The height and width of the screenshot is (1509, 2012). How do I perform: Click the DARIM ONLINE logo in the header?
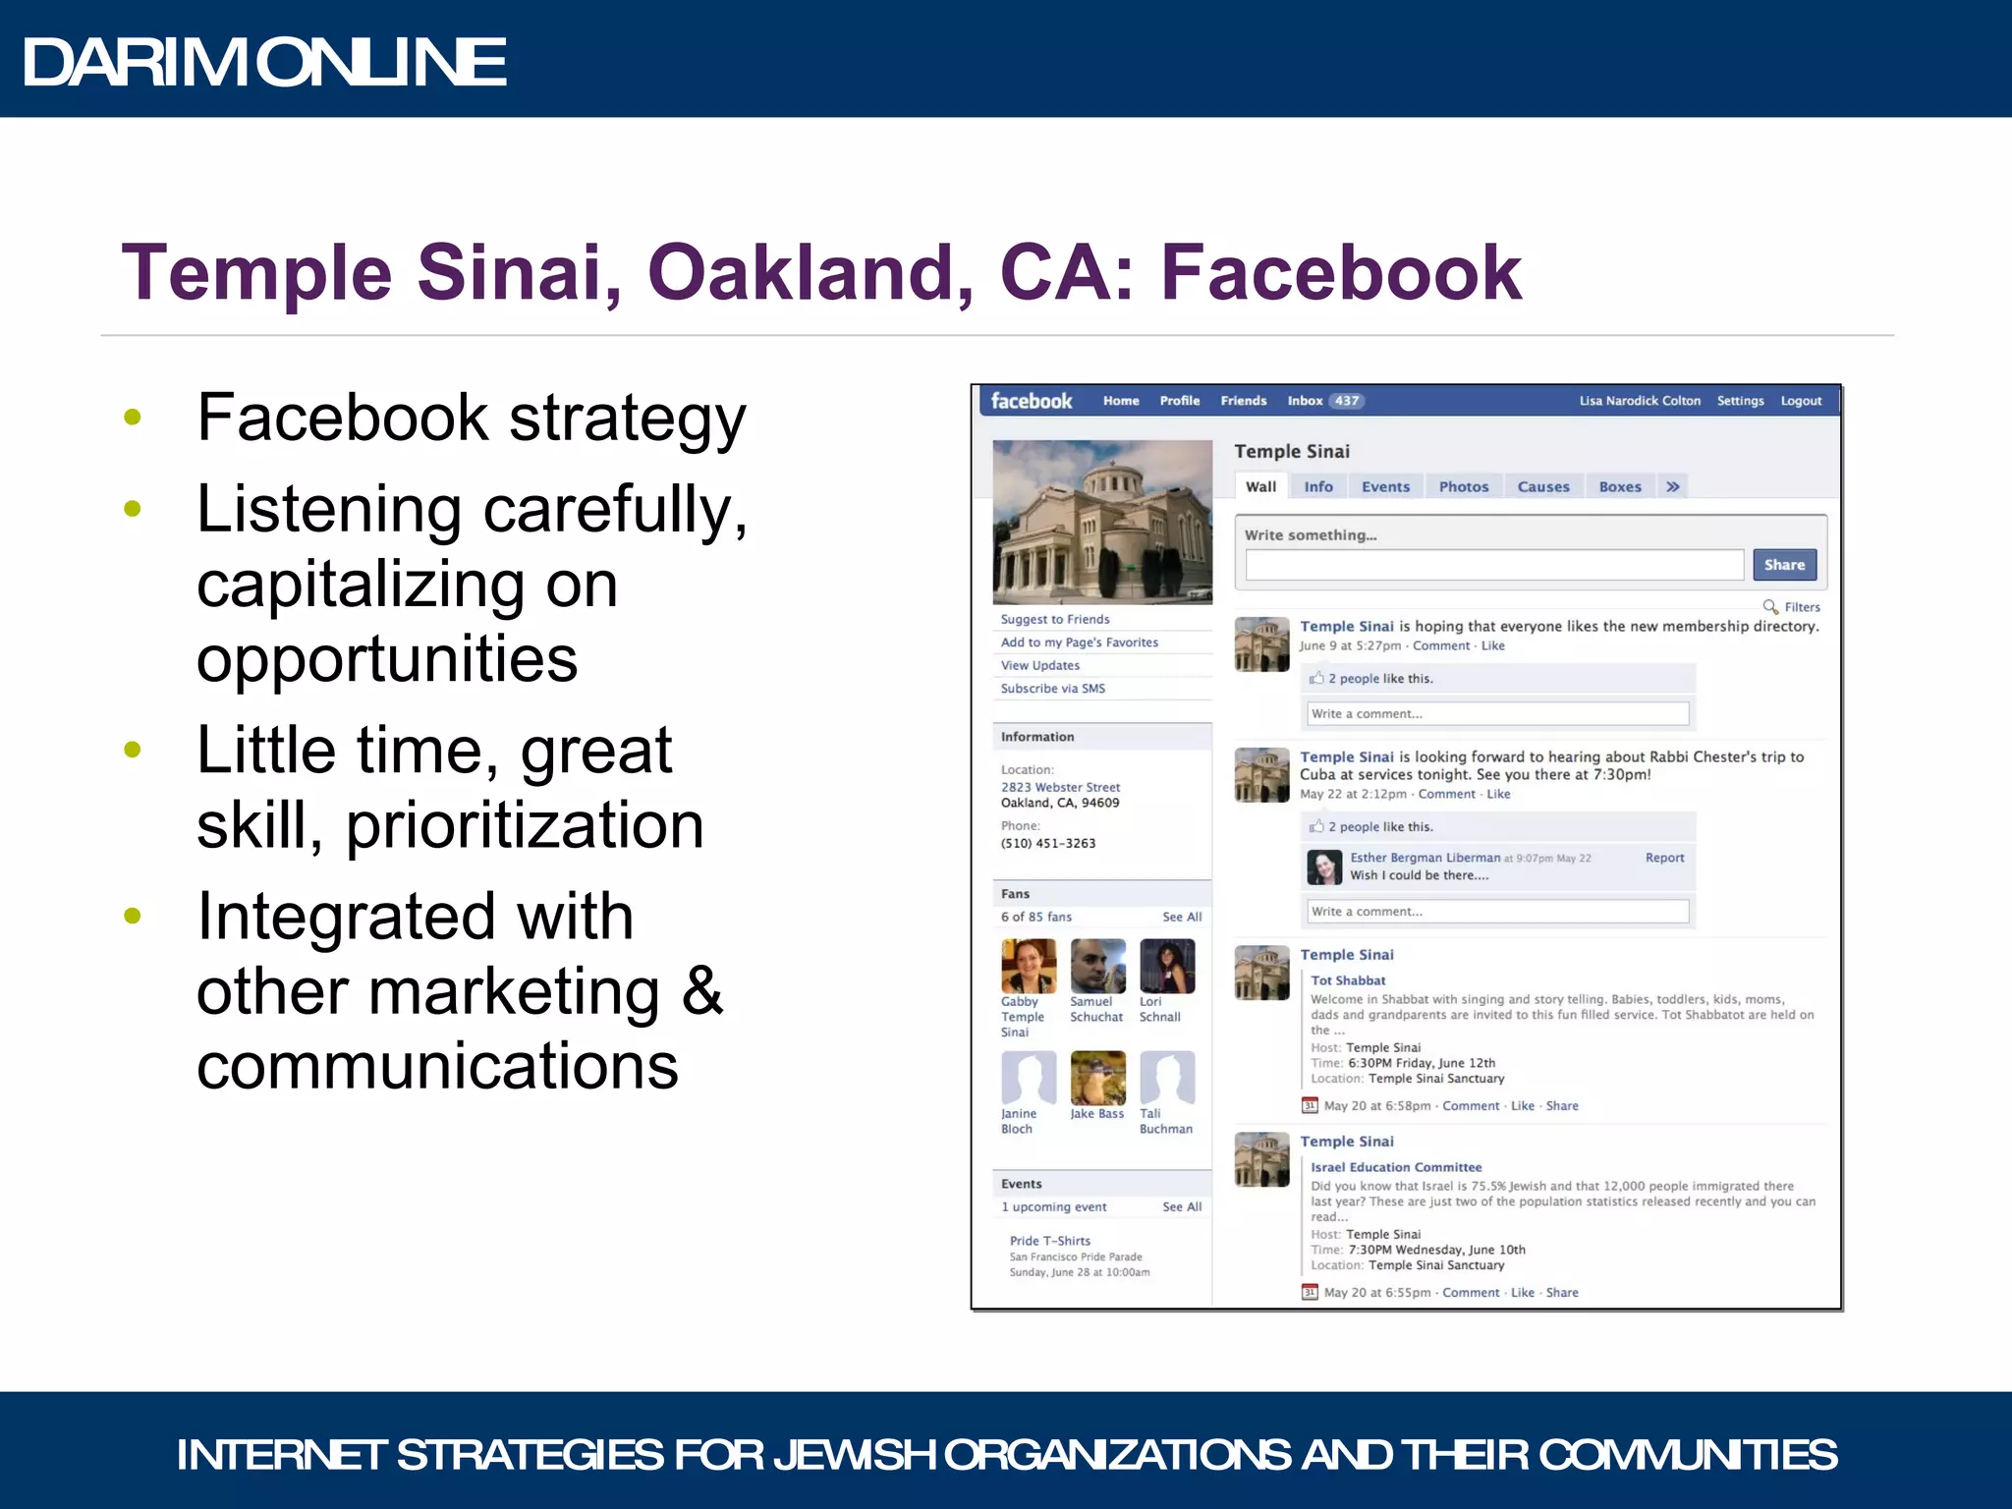(264, 62)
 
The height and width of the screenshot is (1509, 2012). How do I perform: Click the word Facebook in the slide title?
(1341, 272)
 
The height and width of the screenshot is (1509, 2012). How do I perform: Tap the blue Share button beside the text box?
(1783, 565)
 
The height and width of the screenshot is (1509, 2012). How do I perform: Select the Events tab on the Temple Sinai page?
(1384, 486)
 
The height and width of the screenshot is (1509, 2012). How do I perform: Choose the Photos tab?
(1463, 486)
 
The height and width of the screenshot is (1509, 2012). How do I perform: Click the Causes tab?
(1542, 486)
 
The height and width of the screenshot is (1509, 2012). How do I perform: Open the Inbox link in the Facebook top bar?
(1305, 401)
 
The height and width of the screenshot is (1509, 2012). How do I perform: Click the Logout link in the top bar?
(1800, 401)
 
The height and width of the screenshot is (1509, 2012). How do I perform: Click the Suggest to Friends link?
(1054, 619)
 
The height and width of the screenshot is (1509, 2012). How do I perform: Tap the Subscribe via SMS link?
(1052, 689)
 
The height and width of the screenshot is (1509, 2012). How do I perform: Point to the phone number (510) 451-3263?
(1047, 843)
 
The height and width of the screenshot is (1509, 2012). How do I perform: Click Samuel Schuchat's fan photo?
(1097, 966)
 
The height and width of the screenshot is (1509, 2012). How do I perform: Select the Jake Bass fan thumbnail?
(1097, 1078)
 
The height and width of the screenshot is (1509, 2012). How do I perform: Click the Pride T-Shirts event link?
(1049, 1241)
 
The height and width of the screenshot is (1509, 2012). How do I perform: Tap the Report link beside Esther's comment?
(1664, 858)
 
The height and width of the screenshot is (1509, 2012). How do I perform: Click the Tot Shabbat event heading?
(1347, 980)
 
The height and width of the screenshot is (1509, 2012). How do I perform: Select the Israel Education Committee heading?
(1395, 1167)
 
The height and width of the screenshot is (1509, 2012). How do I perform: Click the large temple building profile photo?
(1101, 522)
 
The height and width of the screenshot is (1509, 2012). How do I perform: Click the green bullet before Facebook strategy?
(133, 418)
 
